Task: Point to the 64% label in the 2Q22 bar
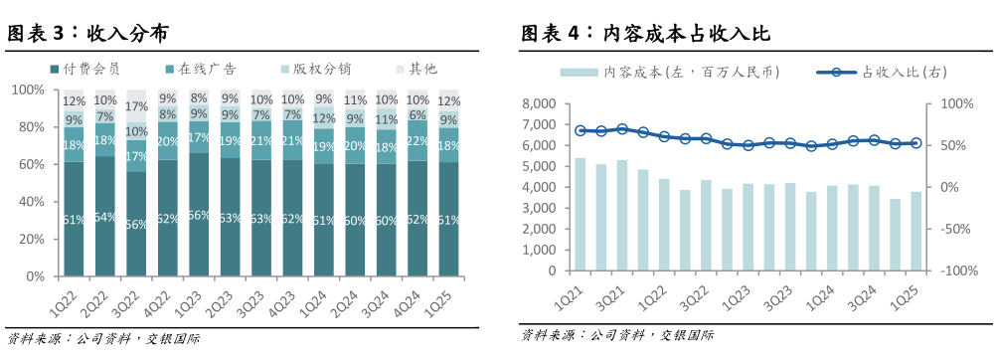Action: pyautogui.click(x=105, y=219)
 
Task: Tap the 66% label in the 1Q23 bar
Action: pyautogui.click(x=200, y=215)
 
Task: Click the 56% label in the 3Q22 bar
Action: pyautogui.click(x=137, y=225)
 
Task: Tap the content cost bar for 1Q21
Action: pyautogui.click(x=581, y=214)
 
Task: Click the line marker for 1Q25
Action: pyautogui.click(x=916, y=143)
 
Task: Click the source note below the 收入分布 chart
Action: pyautogui.click(x=103, y=338)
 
